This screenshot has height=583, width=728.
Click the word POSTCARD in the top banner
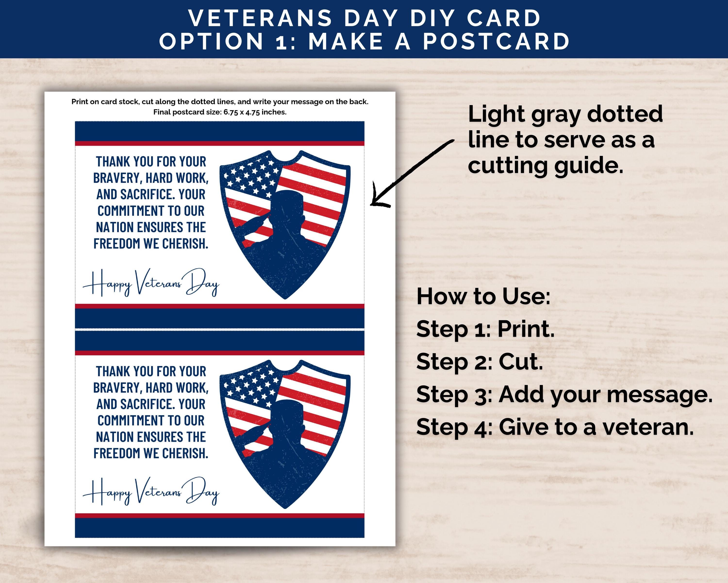496,41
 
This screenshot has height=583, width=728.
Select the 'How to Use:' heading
483,296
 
